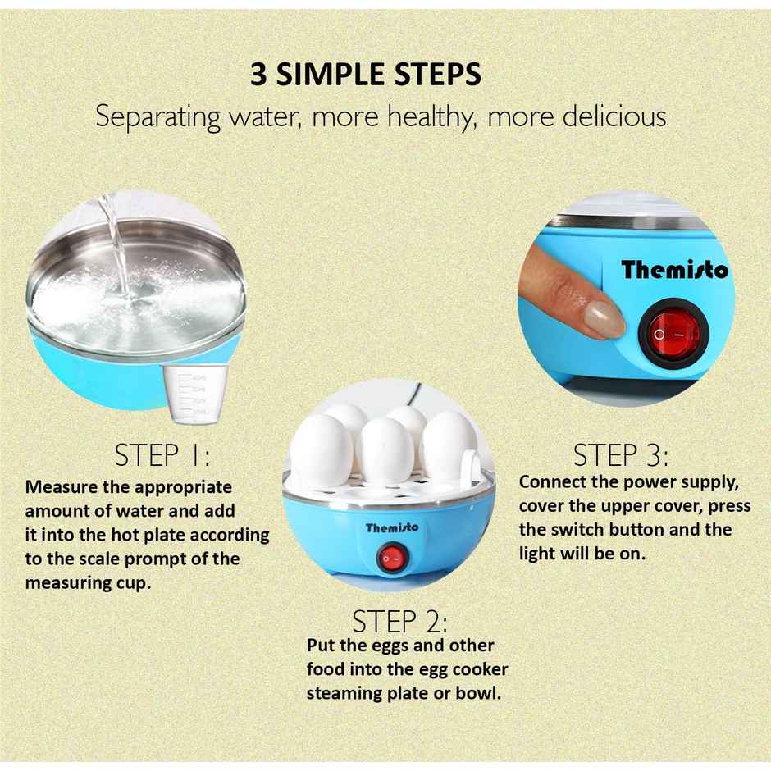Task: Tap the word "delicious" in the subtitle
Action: (x=614, y=116)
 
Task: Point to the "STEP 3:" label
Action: (x=621, y=455)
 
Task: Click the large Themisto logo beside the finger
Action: (x=674, y=269)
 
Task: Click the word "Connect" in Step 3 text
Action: (x=554, y=481)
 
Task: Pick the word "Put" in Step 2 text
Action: (x=322, y=646)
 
